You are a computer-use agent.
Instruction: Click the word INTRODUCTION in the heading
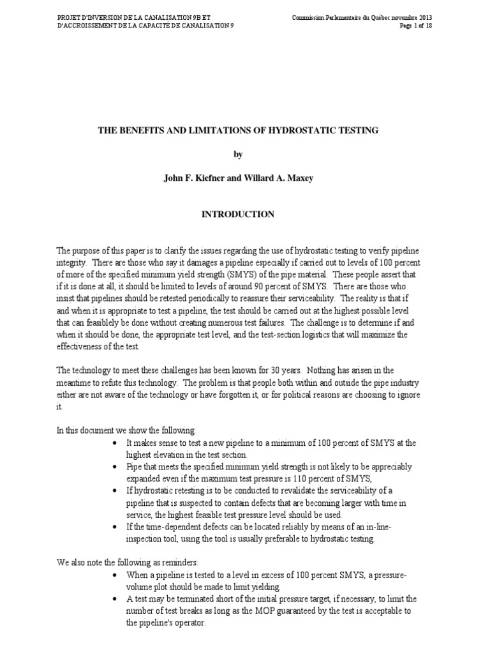click(238, 215)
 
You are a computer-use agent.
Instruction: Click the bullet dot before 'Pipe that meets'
click(114, 466)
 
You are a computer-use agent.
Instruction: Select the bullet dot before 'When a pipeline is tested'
click(114, 575)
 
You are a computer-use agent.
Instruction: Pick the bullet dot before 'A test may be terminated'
click(114, 599)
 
